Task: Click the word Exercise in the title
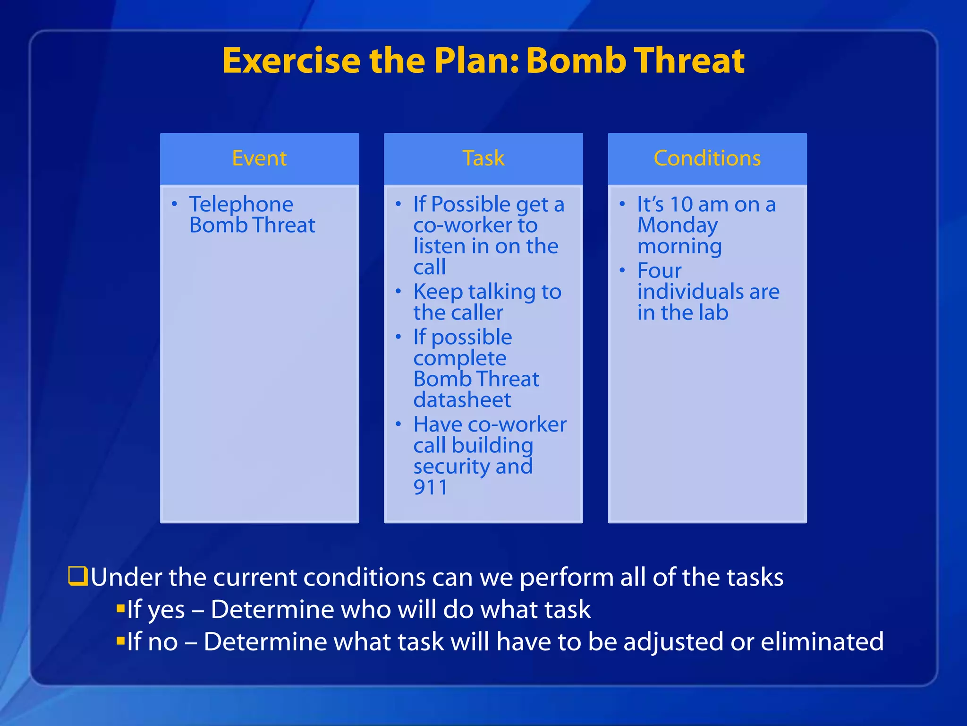291,61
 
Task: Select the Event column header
259,158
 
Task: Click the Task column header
483,158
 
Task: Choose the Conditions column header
707,158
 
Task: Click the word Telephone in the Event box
241,204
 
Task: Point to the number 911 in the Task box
430,487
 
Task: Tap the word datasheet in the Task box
462,400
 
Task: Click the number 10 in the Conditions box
681,204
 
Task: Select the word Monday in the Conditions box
677,226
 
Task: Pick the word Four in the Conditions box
659,271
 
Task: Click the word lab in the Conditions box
713,312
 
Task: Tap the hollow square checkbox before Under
78,576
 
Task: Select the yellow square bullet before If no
120,640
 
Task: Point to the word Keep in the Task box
438,292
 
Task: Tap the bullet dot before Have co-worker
399,424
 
